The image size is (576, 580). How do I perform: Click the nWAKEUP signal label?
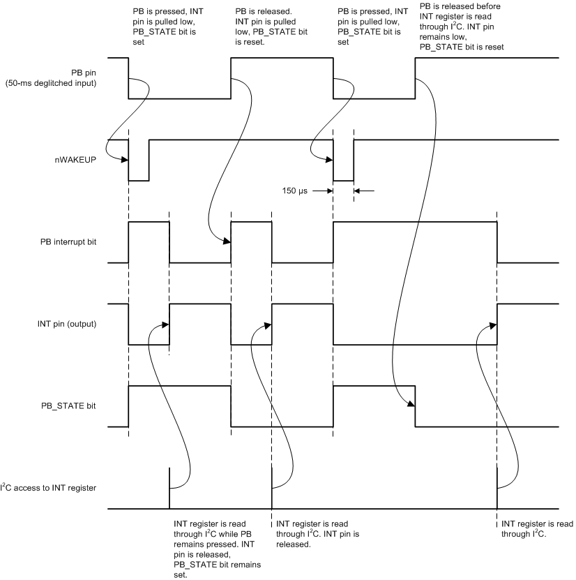pos(75,160)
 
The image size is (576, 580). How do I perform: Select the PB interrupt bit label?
pos(68,242)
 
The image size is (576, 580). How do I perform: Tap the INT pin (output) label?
pos(67,324)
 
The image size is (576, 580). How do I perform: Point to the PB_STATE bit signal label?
pos(68,406)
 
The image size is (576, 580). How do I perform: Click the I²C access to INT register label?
pos(48,488)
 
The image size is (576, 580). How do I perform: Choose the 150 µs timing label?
pos(294,191)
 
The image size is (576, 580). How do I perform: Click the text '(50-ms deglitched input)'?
pos(51,83)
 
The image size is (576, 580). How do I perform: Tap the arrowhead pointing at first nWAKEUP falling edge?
pos(125,160)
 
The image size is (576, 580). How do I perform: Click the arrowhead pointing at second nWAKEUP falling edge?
pos(329,160)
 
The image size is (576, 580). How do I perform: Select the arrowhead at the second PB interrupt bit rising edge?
pos(227,241)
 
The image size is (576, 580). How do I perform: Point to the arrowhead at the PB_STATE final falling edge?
pos(411,404)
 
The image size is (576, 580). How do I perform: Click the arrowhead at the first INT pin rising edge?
pos(165,325)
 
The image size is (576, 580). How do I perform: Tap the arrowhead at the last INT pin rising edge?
pos(493,325)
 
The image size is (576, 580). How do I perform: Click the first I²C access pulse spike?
pos(169,489)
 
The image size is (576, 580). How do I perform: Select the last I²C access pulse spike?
pos(497,489)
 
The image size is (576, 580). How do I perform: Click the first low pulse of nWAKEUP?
pos(139,161)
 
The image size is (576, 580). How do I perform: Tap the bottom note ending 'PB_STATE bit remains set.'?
pos(218,549)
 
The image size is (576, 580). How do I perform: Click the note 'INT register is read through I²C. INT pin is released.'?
pos(318,534)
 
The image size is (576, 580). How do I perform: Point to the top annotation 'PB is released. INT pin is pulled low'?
pos(271,27)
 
